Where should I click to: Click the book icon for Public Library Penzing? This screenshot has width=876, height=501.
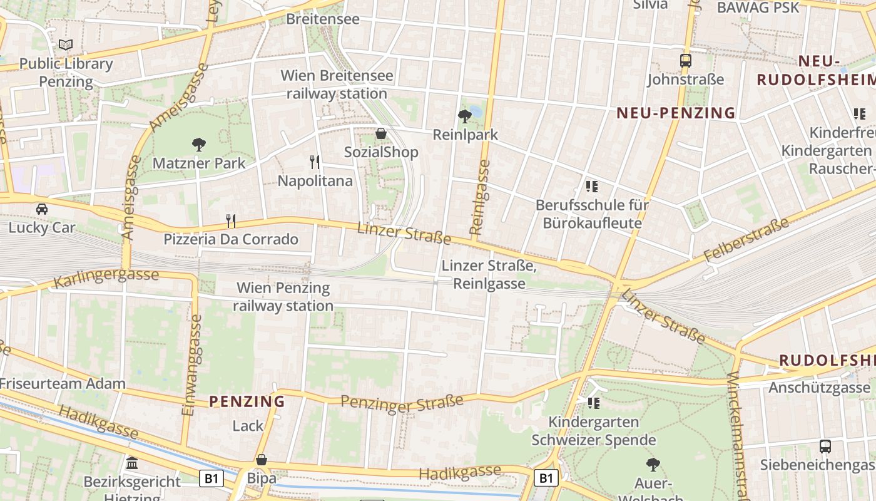coord(66,44)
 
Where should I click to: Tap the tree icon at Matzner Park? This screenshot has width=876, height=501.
coord(199,145)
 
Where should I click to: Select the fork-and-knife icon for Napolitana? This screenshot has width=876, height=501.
coord(315,162)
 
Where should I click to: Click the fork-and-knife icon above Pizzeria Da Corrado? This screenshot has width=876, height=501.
coord(231,220)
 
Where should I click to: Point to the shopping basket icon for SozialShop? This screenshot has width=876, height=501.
coord(380,133)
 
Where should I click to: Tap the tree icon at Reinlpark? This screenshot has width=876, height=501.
coord(465,115)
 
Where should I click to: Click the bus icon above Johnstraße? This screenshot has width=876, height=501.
coord(686,61)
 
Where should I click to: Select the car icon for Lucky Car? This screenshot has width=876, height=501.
coord(42,209)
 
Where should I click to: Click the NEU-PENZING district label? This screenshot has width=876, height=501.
coord(676,113)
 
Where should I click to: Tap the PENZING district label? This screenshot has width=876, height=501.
coord(247,401)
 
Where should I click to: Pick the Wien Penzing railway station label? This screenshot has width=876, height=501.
coord(283,297)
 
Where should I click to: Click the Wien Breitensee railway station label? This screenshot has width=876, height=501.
coord(337,85)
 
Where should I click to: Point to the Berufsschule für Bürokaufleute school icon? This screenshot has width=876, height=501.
coord(592,186)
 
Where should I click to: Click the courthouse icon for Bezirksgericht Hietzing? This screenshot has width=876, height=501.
coord(132,463)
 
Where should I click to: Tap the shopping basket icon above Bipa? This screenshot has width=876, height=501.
coord(262,460)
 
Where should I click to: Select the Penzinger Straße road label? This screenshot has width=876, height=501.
coord(402,403)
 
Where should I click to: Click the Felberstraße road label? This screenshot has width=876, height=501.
coord(746,240)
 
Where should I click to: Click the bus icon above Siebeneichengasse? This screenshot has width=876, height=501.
coord(825,447)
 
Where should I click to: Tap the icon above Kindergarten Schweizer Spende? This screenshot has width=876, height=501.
coord(593,403)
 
